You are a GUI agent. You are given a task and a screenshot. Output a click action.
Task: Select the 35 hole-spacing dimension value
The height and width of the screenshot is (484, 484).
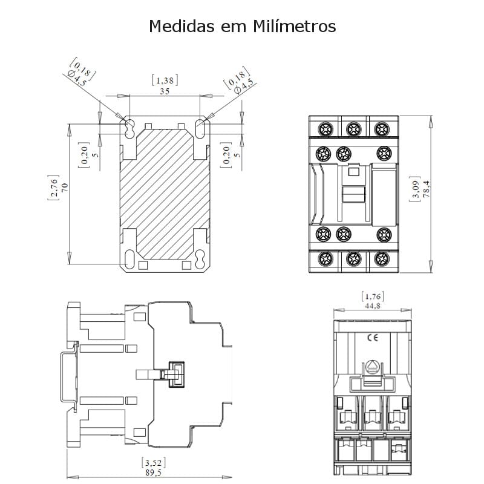(x=165, y=91)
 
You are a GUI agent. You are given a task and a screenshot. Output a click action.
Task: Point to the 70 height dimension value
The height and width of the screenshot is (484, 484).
(x=64, y=187)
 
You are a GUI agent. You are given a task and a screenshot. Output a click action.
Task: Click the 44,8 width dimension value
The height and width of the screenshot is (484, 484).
(x=373, y=306)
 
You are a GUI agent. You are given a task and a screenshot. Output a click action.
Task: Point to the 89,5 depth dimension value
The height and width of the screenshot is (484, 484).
(x=153, y=473)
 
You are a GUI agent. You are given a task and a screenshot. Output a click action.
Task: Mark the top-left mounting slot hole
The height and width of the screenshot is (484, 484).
(x=129, y=126)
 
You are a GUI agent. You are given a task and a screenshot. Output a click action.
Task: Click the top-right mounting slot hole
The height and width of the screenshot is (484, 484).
(x=200, y=126)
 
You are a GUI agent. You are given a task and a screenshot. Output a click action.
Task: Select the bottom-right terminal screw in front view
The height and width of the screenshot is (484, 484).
(x=382, y=260)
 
